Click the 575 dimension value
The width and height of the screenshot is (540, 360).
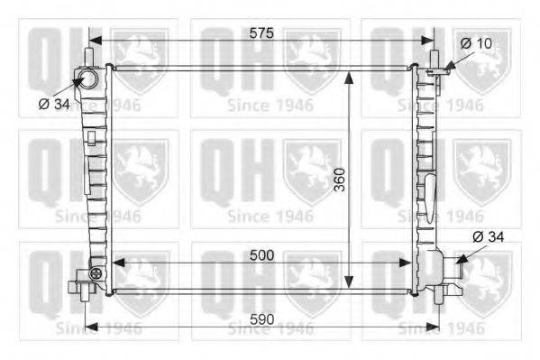coord(261,33)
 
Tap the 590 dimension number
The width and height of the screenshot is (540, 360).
coord(262,319)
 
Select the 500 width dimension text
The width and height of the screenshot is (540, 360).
coord(262,255)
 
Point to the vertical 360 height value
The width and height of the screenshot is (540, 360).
coord(340,180)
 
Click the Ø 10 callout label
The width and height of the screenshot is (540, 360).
coord(476,43)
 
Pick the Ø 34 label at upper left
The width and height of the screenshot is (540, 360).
coord(54,104)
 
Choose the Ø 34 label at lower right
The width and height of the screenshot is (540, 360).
coord(489,237)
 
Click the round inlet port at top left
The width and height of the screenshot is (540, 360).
coord(88,79)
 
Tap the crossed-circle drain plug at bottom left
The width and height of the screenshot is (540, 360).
coord(96,273)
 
